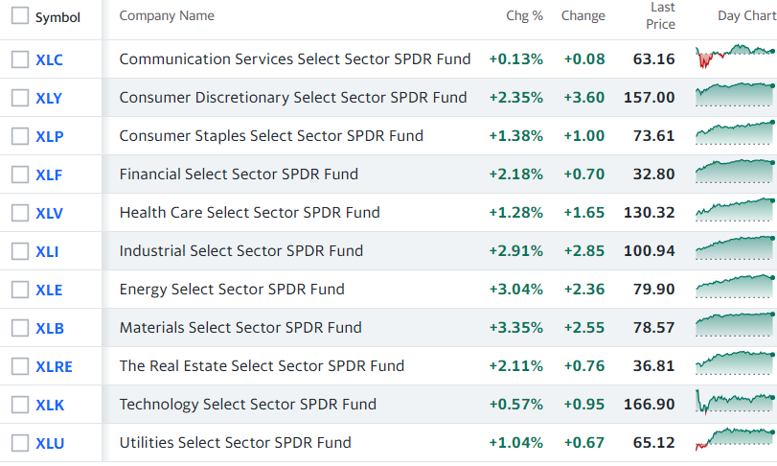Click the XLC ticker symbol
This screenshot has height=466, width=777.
coord(49,59)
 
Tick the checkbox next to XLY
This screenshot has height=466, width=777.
coord(20,98)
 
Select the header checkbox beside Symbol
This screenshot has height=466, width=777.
coord(20,15)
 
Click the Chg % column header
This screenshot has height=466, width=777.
coord(524,16)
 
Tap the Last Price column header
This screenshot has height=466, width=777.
coord(660,16)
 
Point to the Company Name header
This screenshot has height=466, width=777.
coord(167,16)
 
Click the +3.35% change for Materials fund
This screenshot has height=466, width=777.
coord(515,328)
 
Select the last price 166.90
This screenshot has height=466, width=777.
coord(650,405)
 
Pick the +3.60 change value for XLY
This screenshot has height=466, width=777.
coord(584,98)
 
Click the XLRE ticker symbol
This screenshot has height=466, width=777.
coord(54,367)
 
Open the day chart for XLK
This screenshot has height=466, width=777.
coord(735,402)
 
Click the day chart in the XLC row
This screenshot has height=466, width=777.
coord(735,56)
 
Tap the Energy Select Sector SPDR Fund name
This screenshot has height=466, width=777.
coord(232,290)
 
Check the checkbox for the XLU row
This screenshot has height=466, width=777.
coord(20,443)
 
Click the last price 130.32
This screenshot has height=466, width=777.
coord(650,213)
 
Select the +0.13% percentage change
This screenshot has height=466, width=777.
coord(515,59)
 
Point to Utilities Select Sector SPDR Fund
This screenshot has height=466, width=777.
coord(236,443)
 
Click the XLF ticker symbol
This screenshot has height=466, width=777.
coord(49,175)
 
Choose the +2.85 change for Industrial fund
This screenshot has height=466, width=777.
coord(584,251)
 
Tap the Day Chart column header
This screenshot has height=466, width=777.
coord(747,16)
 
